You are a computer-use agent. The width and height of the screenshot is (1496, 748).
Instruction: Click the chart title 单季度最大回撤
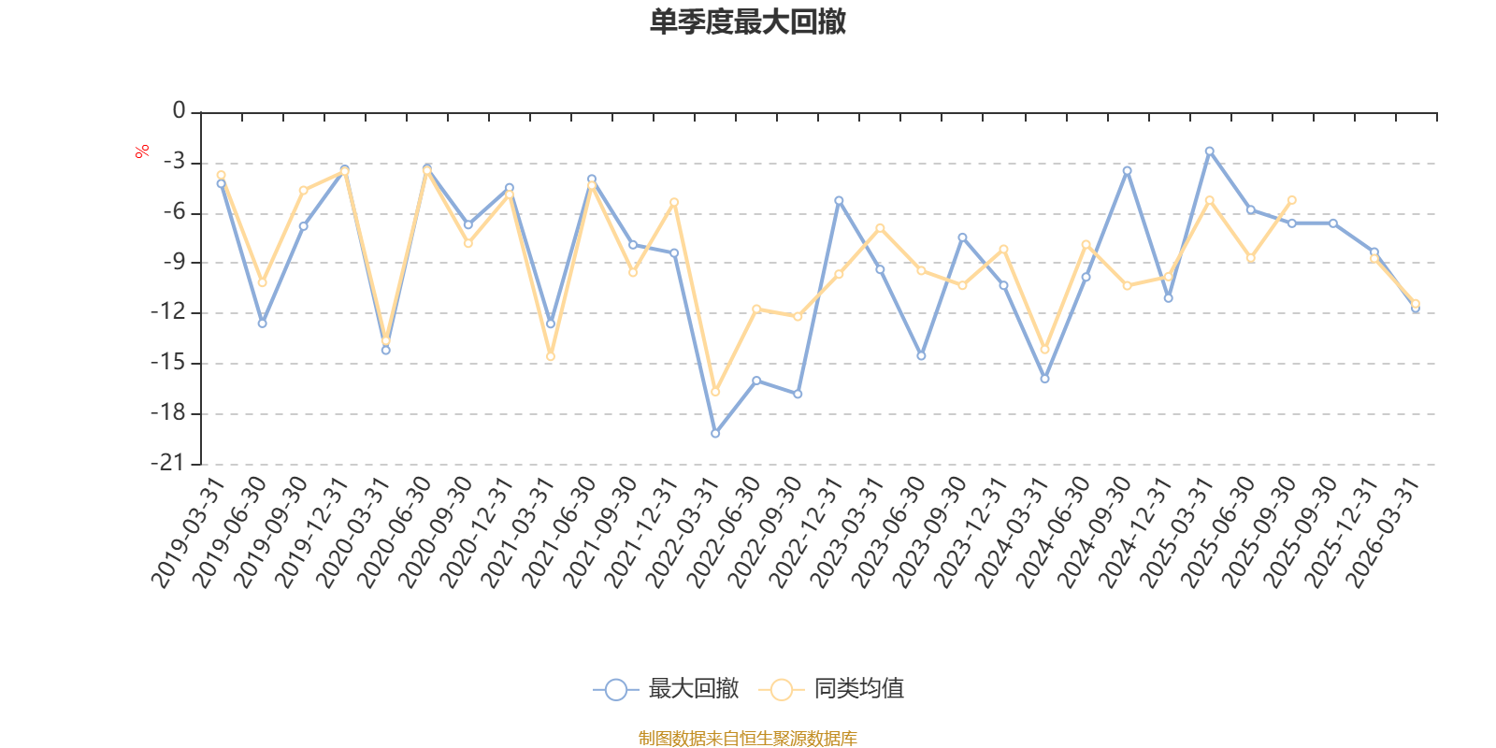click(748, 22)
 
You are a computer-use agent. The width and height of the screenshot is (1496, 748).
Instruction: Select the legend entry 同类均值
click(831, 688)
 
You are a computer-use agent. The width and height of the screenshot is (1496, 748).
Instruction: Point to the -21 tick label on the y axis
click(167, 463)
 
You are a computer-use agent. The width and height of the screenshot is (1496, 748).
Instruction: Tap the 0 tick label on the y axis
click(179, 110)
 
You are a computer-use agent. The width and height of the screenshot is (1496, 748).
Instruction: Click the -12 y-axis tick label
click(167, 312)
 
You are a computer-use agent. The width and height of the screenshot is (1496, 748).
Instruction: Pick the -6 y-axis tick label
click(174, 211)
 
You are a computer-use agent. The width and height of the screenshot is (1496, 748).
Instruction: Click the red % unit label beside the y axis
click(141, 151)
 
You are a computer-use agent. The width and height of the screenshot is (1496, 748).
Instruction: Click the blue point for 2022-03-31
click(715, 434)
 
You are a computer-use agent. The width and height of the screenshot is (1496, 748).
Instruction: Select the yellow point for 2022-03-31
click(715, 392)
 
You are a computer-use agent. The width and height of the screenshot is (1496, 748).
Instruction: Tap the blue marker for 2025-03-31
click(1210, 151)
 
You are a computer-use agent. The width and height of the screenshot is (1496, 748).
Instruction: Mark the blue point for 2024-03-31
click(1044, 379)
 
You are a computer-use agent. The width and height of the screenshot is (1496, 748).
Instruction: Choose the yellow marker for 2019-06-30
click(263, 282)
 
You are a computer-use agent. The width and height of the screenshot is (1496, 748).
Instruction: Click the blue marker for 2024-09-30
click(1128, 171)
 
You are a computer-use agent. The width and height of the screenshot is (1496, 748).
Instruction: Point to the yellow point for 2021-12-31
click(674, 202)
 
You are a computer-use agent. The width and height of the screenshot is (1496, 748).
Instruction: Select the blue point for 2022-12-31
click(839, 200)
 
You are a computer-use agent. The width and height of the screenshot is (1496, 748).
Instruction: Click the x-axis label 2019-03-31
click(188, 532)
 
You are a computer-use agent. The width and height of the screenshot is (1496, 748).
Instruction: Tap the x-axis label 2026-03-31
click(1382, 532)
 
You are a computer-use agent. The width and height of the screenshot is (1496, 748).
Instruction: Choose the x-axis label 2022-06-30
click(724, 532)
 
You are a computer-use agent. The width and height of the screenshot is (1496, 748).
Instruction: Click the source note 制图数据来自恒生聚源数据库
click(747, 738)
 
